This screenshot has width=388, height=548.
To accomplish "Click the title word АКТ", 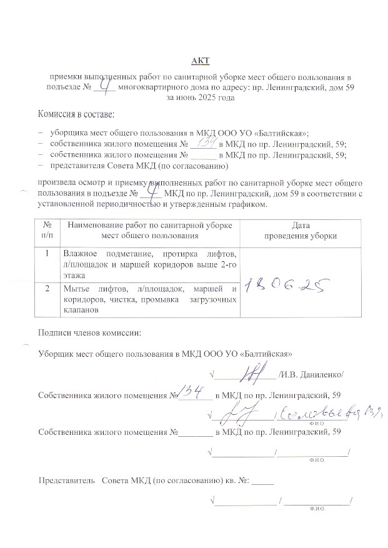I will coord(201,61).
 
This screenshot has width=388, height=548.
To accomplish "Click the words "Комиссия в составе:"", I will coord(76,116).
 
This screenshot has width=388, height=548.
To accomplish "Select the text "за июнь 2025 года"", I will coord(201,98).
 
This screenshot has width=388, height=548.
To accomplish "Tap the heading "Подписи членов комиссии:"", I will coord(90,333).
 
